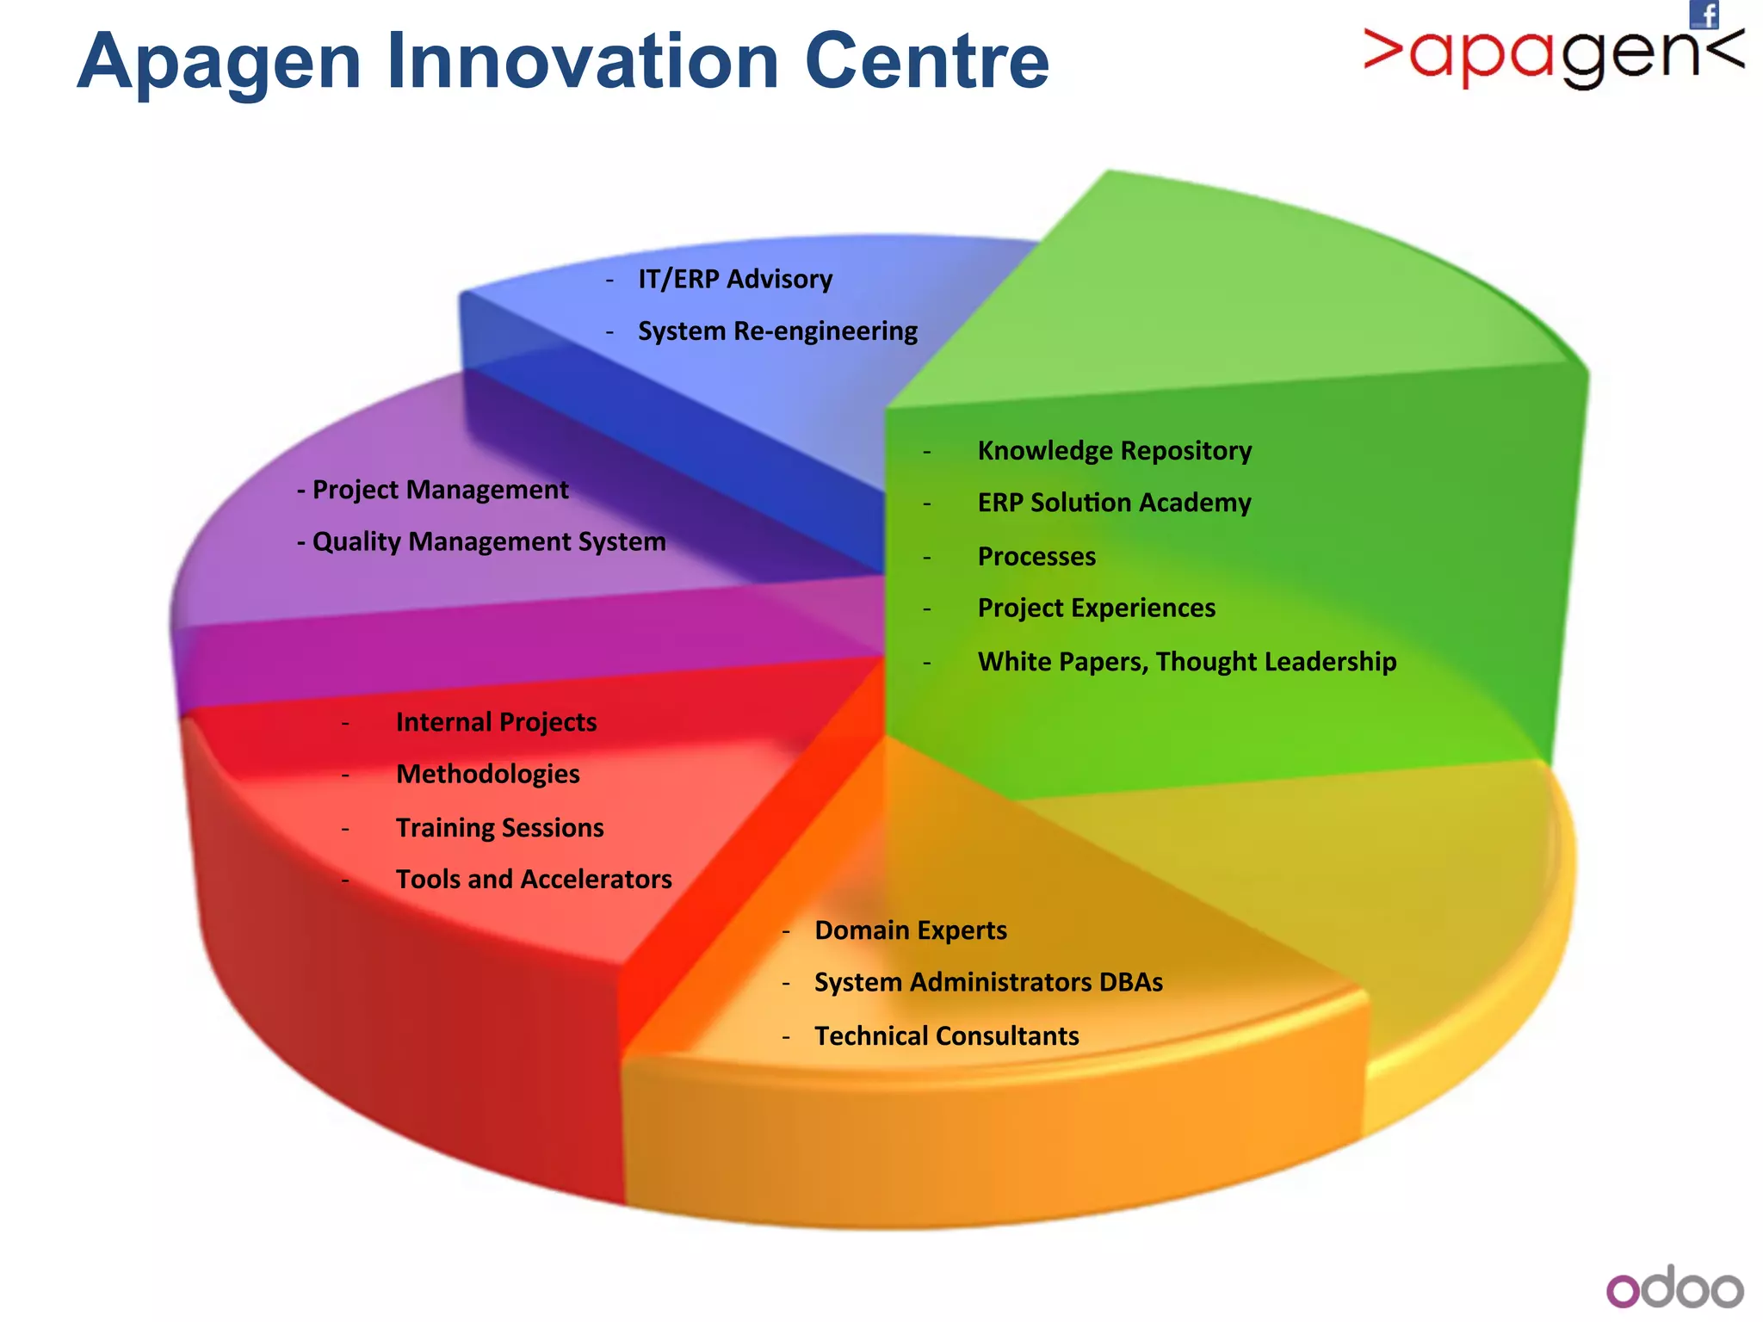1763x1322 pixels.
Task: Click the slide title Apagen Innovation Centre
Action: (x=563, y=62)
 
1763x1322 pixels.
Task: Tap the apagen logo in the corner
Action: (x=1553, y=57)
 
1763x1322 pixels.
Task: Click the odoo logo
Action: (x=1674, y=1288)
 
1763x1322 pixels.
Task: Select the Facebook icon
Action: (x=1704, y=15)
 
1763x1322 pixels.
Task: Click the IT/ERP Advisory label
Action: (x=734, y=279)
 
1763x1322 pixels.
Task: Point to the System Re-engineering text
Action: (x=776, y=331)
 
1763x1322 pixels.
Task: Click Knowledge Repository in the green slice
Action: (x=1114, y=451)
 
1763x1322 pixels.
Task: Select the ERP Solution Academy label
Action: (x=1114, y=503)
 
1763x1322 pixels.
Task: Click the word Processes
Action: (x=1036, y=557)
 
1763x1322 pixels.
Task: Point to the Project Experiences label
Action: (x=1096, y=608)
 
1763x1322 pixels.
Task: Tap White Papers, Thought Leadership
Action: (x=1186, y=662)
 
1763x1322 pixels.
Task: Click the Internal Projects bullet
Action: (x=496, y=722)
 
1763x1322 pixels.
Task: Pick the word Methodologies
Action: (x=487, y=774)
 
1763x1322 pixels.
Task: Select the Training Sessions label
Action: (x=499, y=828)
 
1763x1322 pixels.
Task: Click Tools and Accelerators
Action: (x=534, y=880)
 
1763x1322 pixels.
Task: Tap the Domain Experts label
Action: (x=910, y=930)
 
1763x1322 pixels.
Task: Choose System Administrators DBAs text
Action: (x=988, y=982)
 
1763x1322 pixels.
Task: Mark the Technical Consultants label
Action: (x=946, y=1036)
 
